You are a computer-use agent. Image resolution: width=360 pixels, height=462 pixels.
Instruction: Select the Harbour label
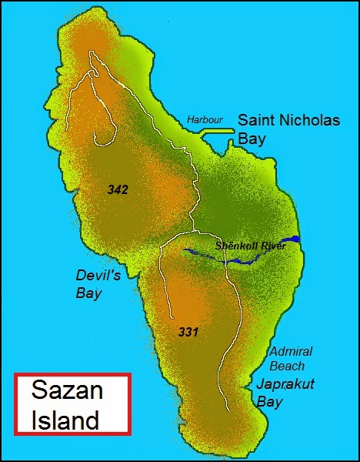205,120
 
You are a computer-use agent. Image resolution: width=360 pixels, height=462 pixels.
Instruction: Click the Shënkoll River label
250,246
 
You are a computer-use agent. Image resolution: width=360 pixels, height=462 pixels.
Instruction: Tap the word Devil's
95,275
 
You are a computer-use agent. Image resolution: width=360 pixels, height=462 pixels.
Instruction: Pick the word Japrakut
286,384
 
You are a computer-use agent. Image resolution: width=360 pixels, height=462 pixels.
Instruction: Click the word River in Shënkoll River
271,246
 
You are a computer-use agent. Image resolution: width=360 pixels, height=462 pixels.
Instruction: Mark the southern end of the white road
227,408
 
